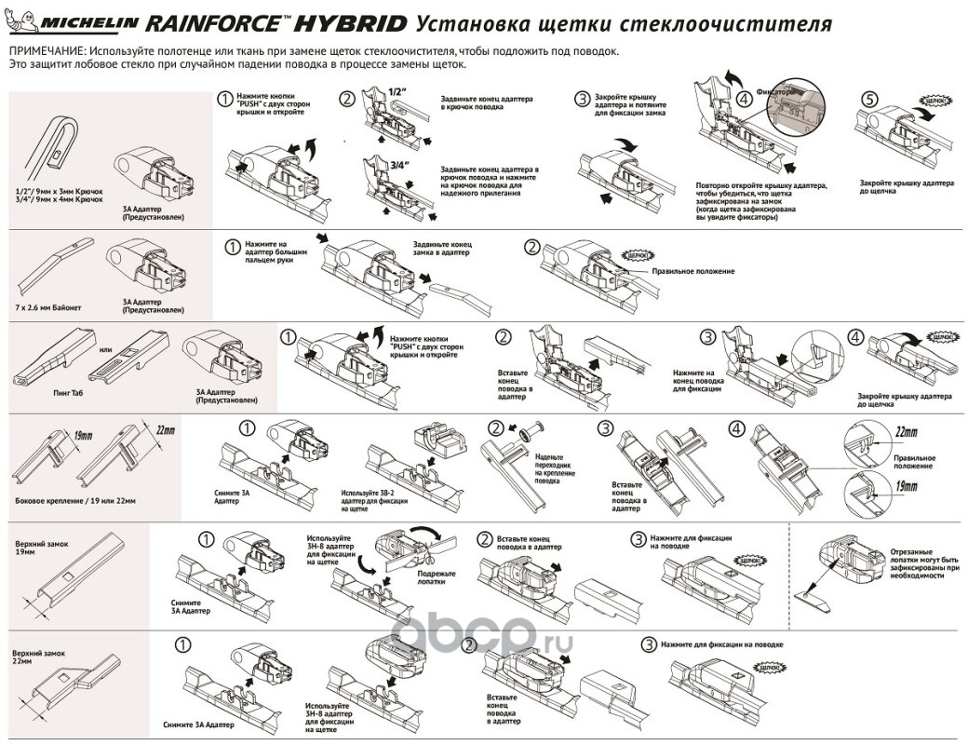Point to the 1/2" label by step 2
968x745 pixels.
click(x=398, y=91)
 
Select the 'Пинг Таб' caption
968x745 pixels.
click(x=59, y=395)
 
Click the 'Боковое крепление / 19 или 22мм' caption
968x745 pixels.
click(x=75, y=501)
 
